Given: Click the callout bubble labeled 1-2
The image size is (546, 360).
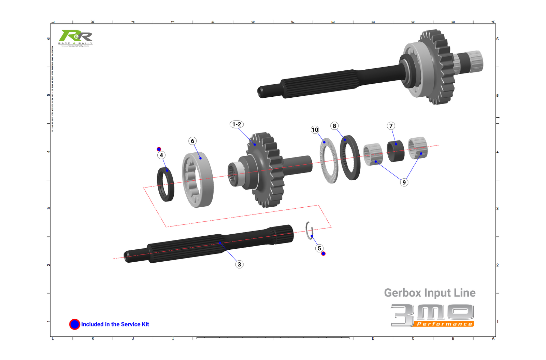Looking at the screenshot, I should tap(236, 124).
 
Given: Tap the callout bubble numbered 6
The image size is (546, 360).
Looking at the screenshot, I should tap(192, 141).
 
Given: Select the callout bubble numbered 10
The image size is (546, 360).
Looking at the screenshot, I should tap(315, 130).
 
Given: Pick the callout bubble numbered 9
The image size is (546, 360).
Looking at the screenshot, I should tap(404, 182).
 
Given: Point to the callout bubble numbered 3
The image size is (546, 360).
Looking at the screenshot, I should tap(239, 264).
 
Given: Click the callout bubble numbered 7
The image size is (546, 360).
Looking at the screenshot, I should tap(391, 126).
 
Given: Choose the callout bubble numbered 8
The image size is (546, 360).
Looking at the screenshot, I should tap(334, 126).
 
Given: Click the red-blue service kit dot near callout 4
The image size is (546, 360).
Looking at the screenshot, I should tap(159, 149).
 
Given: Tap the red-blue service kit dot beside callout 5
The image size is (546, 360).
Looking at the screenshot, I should tap(324, 253).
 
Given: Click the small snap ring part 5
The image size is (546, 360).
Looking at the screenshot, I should tap(309, 230).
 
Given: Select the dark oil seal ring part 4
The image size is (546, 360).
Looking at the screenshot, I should tap(166, 184).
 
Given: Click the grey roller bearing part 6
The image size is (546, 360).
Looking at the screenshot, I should tap(198, 179).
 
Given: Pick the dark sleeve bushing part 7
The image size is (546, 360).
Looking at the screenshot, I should tap(396, 151).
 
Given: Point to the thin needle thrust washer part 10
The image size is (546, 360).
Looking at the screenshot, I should tap(328, 161).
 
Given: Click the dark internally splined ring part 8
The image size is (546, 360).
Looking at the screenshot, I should tap(350, 158).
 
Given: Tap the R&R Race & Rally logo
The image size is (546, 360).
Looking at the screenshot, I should tap(75, 38).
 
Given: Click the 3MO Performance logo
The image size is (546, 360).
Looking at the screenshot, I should tap(432, 315).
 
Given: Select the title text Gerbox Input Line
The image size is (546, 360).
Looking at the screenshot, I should tap(430, 293).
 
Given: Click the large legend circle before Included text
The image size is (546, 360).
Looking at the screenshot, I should tap(75, 324).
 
